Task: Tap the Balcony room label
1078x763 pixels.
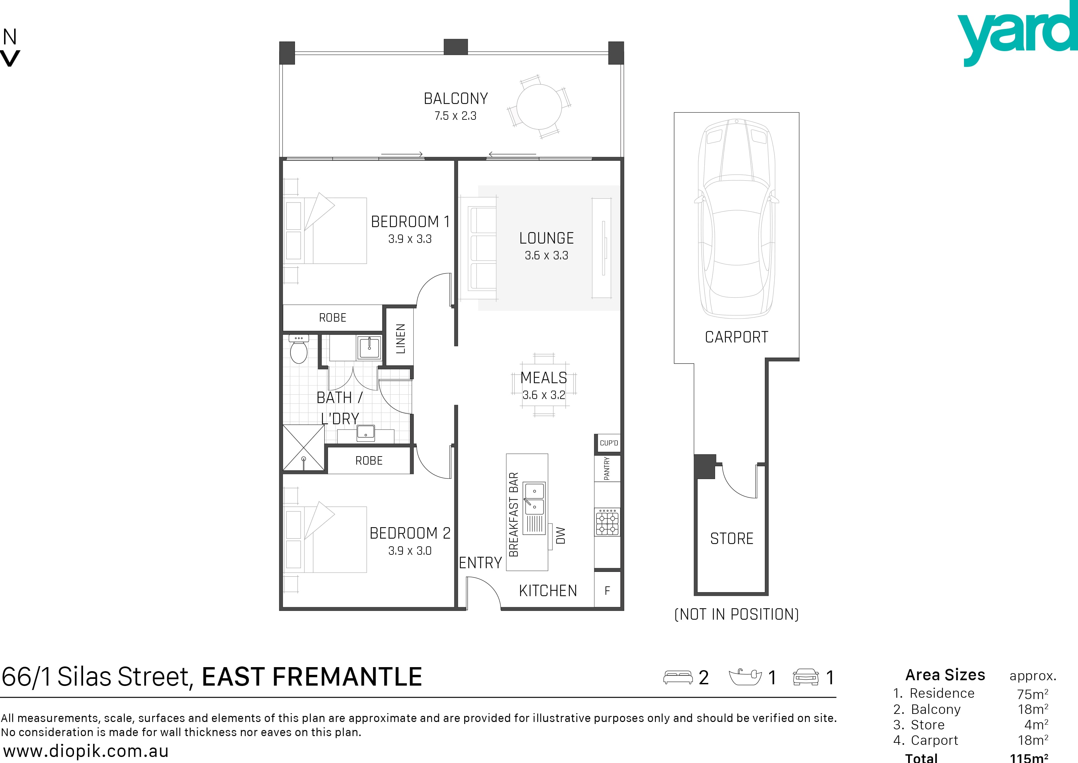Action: coord(456,99)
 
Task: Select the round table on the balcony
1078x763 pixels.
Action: coord(539,107)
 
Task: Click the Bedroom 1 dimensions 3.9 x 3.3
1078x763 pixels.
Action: coord(410,239)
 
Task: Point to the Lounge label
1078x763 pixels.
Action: coord(546,238)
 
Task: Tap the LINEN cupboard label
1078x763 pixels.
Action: coord(400,338)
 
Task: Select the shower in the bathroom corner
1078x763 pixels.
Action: coord(303,447)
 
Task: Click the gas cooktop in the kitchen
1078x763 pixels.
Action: coord(607,522)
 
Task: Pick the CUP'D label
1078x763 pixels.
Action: coord(609,443)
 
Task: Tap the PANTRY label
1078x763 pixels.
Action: coord(606,468)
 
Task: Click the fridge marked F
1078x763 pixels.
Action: coord(607,590)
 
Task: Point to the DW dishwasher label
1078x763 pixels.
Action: coord(561,536)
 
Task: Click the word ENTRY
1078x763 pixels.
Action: coord(480,563)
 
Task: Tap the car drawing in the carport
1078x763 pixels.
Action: coord(737,218)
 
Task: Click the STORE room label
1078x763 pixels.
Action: coord(731,538)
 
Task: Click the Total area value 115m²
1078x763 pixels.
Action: coord(1029,757)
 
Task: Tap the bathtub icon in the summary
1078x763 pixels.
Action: coord(745,677)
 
